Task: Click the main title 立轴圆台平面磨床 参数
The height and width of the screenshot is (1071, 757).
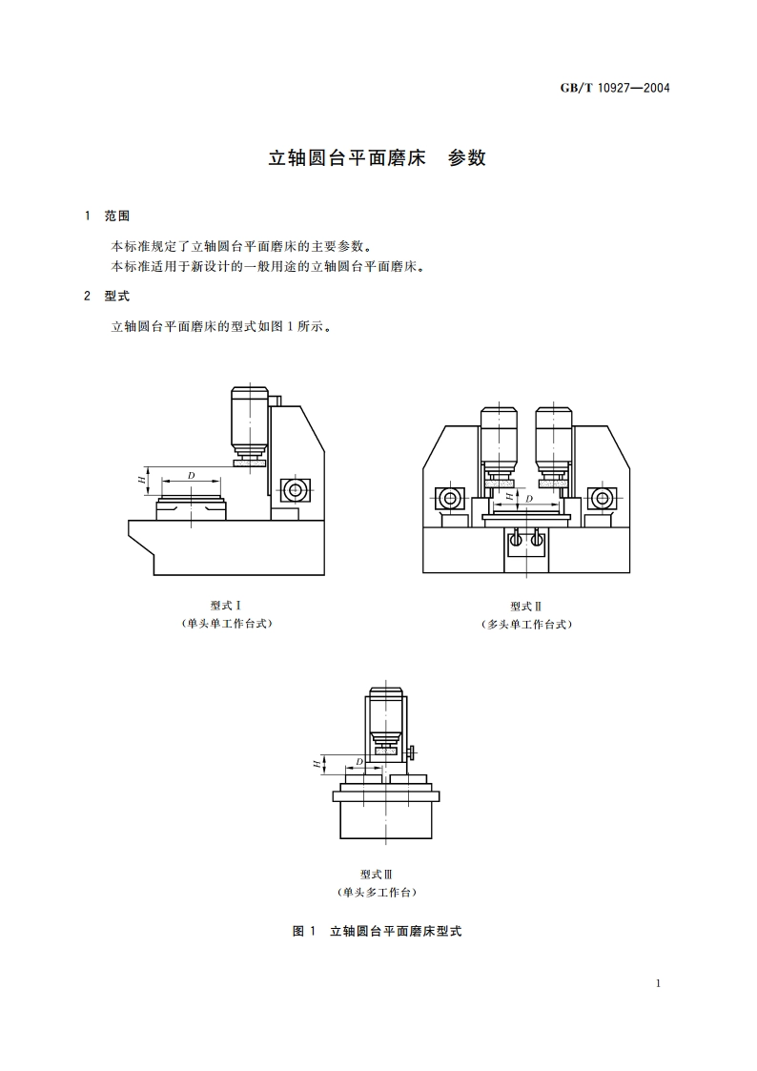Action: tap(378, 158)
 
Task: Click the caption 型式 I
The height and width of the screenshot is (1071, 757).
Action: tap(226, 606)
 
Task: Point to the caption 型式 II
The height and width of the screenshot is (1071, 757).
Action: tap(525, 607)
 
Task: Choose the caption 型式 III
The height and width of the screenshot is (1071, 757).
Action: tap(377, 875)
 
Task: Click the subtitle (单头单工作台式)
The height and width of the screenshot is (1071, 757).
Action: tap(226, 624)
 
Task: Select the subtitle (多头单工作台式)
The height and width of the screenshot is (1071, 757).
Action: tap(525, 625)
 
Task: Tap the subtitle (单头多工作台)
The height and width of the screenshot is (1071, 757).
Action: tap(377, 893)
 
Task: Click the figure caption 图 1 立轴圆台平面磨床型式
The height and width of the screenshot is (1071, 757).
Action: tap(377, 931)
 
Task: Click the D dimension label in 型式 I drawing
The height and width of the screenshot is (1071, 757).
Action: tap(191, 475)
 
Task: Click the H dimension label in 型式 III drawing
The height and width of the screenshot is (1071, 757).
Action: tap(316, 763)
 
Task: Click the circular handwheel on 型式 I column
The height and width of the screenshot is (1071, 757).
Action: tap(294, 490)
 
